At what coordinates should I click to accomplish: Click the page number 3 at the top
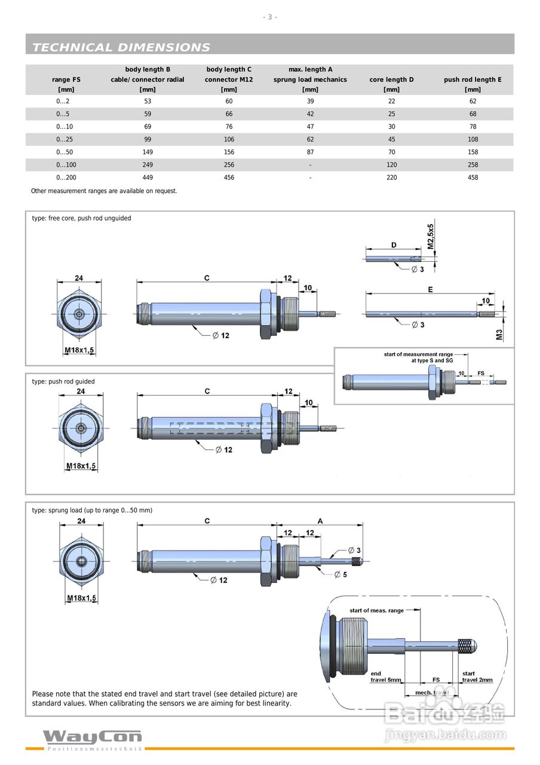coord(269,17)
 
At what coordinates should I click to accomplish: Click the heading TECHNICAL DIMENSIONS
coord(121,47)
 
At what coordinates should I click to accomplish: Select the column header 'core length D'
coord(391,79)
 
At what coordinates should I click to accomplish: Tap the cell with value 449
coord(148,178)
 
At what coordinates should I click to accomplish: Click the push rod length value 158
coord(473,152)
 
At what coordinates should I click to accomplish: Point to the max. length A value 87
coord(310,152)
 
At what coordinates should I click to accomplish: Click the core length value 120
coord(391,164)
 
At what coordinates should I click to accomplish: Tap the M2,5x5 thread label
coord(431,236)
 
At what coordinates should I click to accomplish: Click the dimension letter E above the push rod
coord(430,290)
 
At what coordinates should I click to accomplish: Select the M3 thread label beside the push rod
coord(499,335)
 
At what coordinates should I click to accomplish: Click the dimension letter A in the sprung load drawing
coord(320,521)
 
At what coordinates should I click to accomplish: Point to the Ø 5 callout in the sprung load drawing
coord(340,575)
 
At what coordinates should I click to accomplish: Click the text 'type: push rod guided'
coord(63,381)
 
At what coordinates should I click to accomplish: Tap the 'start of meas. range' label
coord(376,610)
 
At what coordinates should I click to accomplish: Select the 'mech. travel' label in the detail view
coord(432,693)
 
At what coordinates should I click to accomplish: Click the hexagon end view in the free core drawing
coord(79,314)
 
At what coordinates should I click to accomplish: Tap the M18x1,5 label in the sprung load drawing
coord(82,598)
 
